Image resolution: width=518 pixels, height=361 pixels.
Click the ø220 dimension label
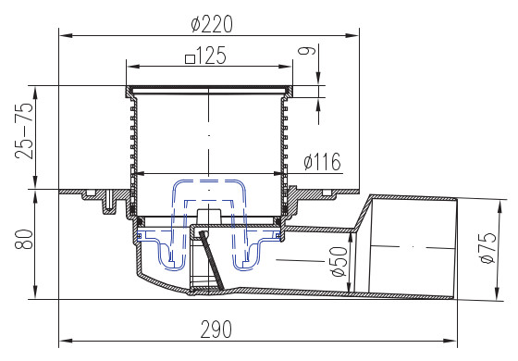tap(212, 24)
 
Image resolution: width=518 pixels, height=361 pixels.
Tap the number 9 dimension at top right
tap(307, 51)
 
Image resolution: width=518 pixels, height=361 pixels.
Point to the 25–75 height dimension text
tap(24, 131)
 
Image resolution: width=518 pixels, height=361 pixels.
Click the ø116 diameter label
tap(322, 162)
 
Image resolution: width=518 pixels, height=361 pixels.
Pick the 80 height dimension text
tap(24, 239)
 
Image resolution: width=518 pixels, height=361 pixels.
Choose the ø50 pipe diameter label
tap(339, 261)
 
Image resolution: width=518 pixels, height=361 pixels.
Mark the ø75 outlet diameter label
tap(488, 248)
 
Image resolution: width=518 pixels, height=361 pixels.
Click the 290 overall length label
tap(216, 330)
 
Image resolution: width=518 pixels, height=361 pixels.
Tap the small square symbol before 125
tap(190, 59)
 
